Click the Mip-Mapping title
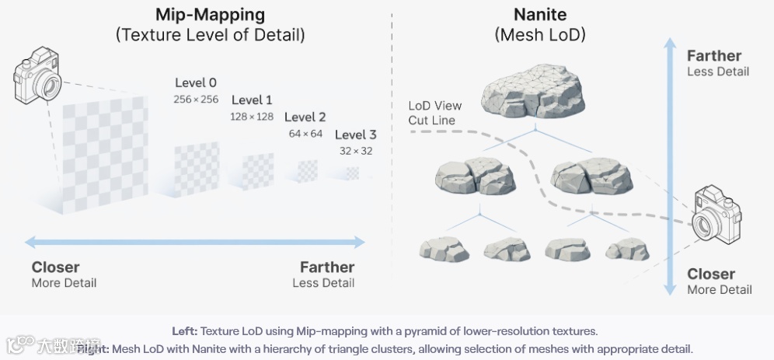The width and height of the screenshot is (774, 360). [210, 15]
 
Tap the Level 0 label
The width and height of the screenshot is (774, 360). [196, 83]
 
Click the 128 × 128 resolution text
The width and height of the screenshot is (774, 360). [252, 116]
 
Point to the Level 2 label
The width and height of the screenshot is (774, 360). [305, 117]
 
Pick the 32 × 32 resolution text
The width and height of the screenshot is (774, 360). [356, 151]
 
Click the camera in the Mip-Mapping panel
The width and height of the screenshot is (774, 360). [37, 75]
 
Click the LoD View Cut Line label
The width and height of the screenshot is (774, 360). [435, 113]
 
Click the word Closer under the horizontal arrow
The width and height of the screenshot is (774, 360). [55, 267]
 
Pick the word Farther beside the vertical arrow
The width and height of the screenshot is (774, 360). [714, 56]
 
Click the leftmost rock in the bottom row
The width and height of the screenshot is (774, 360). [445, 248]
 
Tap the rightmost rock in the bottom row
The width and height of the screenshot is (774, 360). [627, 248]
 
